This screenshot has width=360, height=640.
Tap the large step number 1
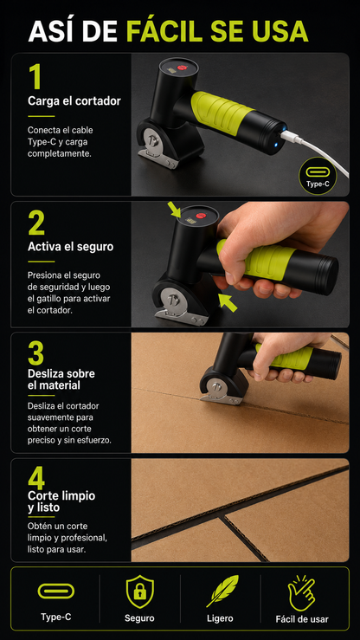35,77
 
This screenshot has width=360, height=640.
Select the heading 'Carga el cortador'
74,100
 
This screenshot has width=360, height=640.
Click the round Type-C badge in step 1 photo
318,176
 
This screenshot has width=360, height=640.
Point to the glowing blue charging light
274,145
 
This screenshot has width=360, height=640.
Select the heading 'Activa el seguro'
71,247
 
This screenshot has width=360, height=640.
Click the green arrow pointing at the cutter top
174,210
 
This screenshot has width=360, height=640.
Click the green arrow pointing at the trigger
228,302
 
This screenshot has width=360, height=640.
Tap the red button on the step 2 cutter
201,216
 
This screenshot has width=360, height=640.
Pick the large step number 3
36,353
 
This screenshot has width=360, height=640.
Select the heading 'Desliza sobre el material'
61,379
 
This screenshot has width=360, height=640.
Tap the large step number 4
36,478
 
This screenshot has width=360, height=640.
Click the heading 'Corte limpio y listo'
61,501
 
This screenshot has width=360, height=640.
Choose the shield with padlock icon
139,592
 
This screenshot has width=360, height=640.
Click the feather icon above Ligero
222,591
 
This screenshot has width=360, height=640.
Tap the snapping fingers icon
302,593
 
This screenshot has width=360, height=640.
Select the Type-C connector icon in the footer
56,591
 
